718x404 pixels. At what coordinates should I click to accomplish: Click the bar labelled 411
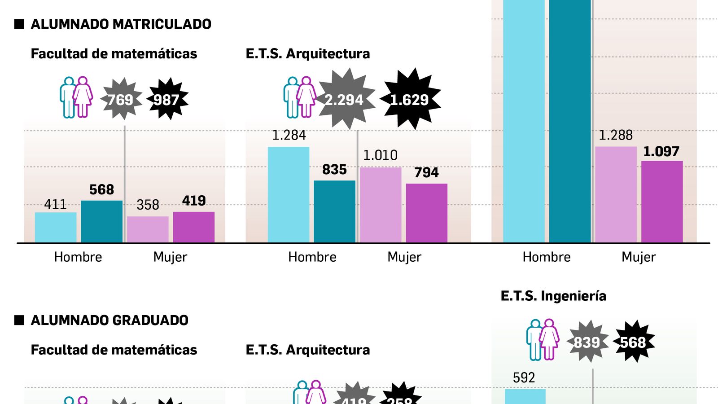click(x=56, y=227)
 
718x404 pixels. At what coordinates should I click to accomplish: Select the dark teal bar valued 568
click(x=101, y=222)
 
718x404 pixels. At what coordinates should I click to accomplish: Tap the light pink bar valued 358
click(x=148, y=229)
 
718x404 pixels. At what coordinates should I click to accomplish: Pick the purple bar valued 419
click(x=194, y=227)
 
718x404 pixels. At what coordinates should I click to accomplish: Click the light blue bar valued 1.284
click(x=289, y=195)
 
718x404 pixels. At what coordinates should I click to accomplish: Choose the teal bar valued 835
click(x=334, y=211)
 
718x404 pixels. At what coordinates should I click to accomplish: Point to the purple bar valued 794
click(x=426, y=213)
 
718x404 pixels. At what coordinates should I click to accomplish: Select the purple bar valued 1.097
click(x=662, y=202)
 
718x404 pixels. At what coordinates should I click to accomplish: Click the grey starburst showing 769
click(x=120, y=99)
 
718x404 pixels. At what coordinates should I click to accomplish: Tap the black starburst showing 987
click(x=167, y=99)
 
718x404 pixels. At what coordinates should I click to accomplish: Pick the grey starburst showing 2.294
click(x=345, y=99)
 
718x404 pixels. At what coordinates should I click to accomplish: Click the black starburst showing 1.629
click(x=410, y=99)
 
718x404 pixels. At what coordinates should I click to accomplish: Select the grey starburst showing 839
click(x=587, y=342)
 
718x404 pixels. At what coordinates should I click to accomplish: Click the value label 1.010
click(x=380, y=155)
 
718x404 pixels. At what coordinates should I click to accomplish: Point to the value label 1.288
click(x=616, y=135)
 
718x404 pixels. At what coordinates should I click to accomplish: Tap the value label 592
click(x=524, y=378)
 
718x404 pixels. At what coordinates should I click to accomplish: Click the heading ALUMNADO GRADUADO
click(x=109, y=320)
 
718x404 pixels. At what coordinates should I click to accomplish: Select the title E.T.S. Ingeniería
click(x=553, y=296)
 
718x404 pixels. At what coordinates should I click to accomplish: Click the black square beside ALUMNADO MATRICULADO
click(x=19, y=24)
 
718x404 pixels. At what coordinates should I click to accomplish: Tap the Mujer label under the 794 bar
click(x=404, y=257)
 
